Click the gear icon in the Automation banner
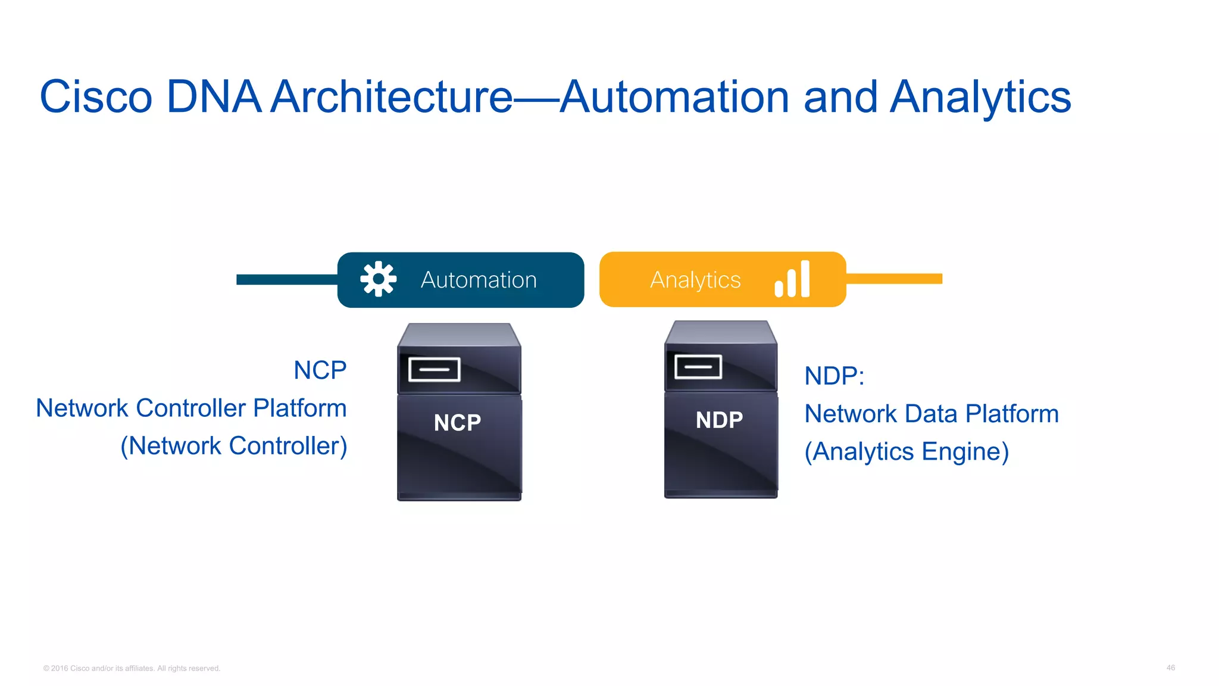378,279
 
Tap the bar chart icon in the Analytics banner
792,279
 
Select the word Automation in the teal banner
479,280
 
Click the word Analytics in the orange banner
695,280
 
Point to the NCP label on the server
457,423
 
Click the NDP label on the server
719,420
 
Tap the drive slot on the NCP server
435,369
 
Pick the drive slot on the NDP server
698,367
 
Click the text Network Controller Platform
191,409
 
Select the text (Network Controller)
234,446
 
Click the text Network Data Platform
932,414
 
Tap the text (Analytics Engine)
907,451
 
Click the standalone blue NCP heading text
320,370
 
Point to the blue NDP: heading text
834,376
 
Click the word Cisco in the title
96,97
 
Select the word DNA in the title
213,96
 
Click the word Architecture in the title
392,96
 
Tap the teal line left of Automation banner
286,279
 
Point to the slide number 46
1170,668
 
